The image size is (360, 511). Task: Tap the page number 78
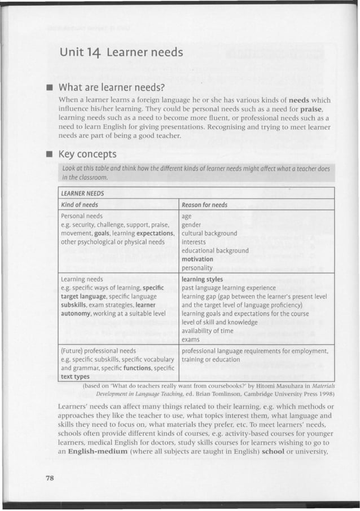coord(49,478)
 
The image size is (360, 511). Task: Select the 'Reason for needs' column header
coord(205,204)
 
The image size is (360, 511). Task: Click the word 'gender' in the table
coord(192,224)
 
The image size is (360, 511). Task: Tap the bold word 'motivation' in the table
coord(197,259)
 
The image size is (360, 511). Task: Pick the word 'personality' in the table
coord(197,268)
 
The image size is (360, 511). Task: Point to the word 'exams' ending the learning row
coord(191,340)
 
